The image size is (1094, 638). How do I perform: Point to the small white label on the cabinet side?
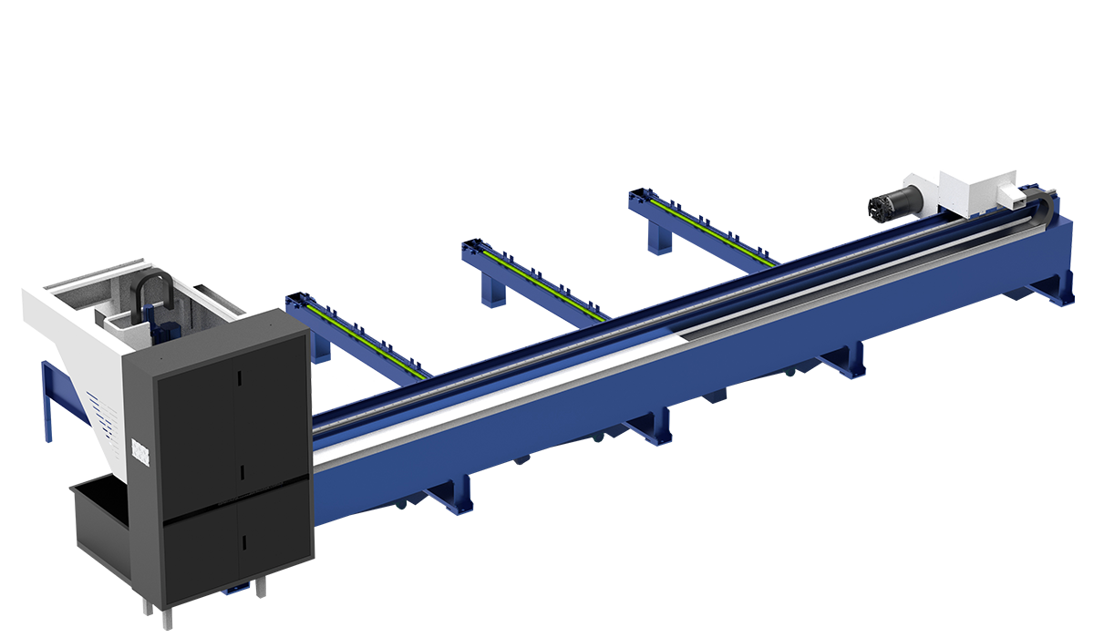[x=139, y=452]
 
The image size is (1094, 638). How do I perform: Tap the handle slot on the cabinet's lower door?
[x=243, y=542]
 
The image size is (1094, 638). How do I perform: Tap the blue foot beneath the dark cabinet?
[x=234, y=591]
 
